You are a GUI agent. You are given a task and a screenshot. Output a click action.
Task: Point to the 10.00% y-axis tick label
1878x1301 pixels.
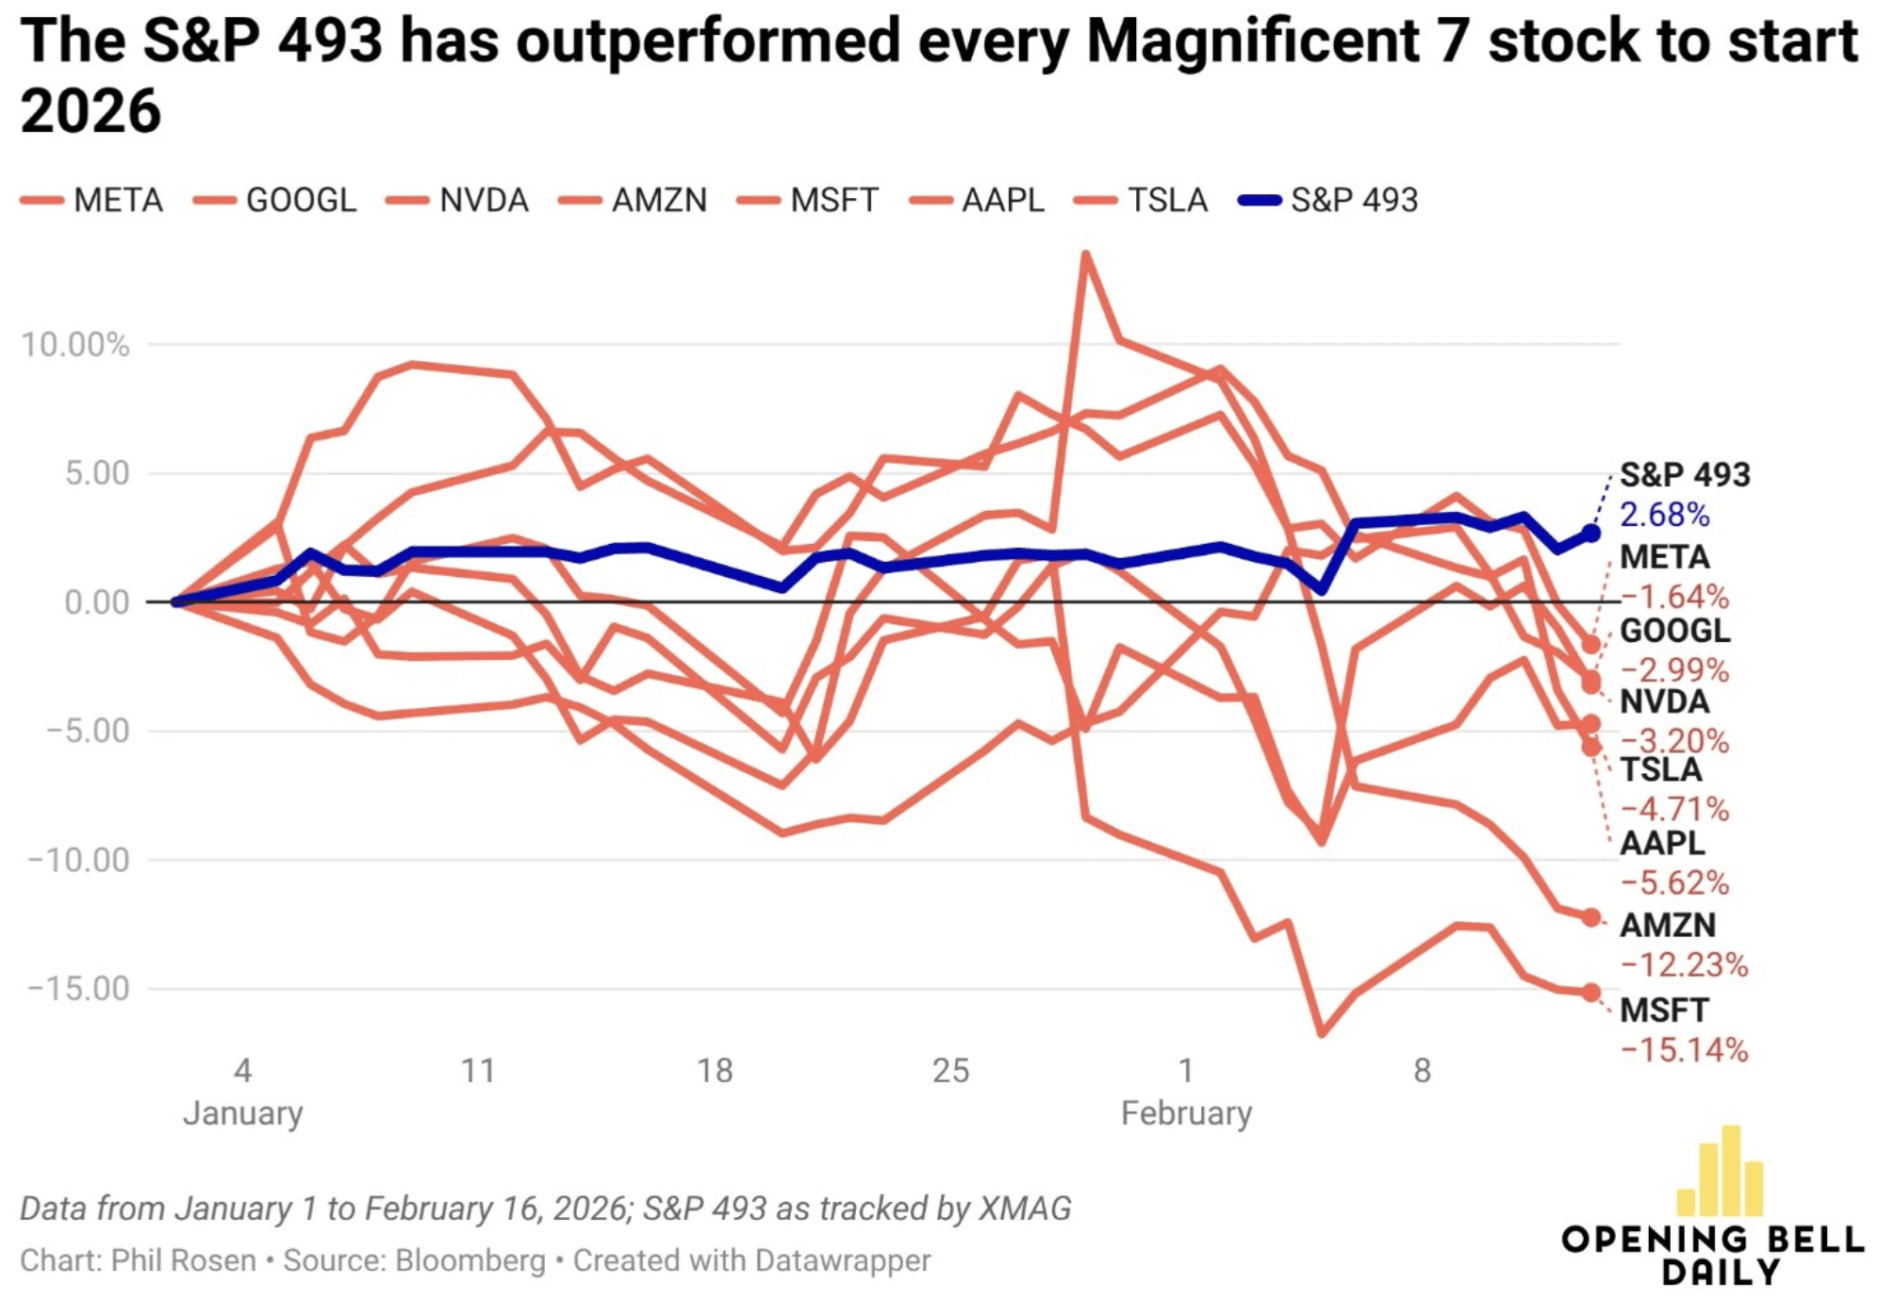pyautogui.click(x=75, y=345)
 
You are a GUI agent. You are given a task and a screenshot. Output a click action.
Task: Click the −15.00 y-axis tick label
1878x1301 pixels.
pyautogui.click(x=79, y=988)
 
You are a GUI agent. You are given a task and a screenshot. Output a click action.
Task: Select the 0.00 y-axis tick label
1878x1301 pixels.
pyautogui.click(x=96, y=601)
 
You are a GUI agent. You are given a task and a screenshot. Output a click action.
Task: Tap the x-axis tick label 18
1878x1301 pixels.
pyautogui.click(x=715, y=1070)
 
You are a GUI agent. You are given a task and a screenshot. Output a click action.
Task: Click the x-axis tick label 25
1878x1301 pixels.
pyautogui.click(x=950, y=1070)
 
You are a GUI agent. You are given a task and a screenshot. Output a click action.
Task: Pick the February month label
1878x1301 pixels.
pyautogui.click(x=1186, y=1113)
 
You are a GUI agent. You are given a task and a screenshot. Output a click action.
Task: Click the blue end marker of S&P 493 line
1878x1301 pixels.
pyautogui.click(x=1591, y=534)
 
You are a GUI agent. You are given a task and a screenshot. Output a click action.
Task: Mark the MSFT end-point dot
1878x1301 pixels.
pyautogui.click(x=1591, y=992)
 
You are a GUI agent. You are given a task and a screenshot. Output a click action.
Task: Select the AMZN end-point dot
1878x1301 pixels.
pyautogui.click(x=1591, y=917)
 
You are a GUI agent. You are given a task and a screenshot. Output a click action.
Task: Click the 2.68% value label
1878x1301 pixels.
pyautogui.click(x=1664, y=515)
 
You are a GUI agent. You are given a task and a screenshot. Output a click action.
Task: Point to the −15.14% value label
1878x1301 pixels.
pyautogui.click(x=1684, y=1049)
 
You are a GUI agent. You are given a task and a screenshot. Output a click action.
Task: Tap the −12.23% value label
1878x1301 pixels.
pyautogui.click(x=1684, y=964)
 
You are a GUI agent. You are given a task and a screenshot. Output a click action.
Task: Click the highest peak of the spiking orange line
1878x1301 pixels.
pyautogui.click(x=1086, y=255)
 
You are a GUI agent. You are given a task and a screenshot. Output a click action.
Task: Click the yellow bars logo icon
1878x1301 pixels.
pyautogui.click(x=1721, y=1172)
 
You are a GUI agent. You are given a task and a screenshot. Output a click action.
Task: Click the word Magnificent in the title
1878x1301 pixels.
pyautogui.click(x=1254, y=41)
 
